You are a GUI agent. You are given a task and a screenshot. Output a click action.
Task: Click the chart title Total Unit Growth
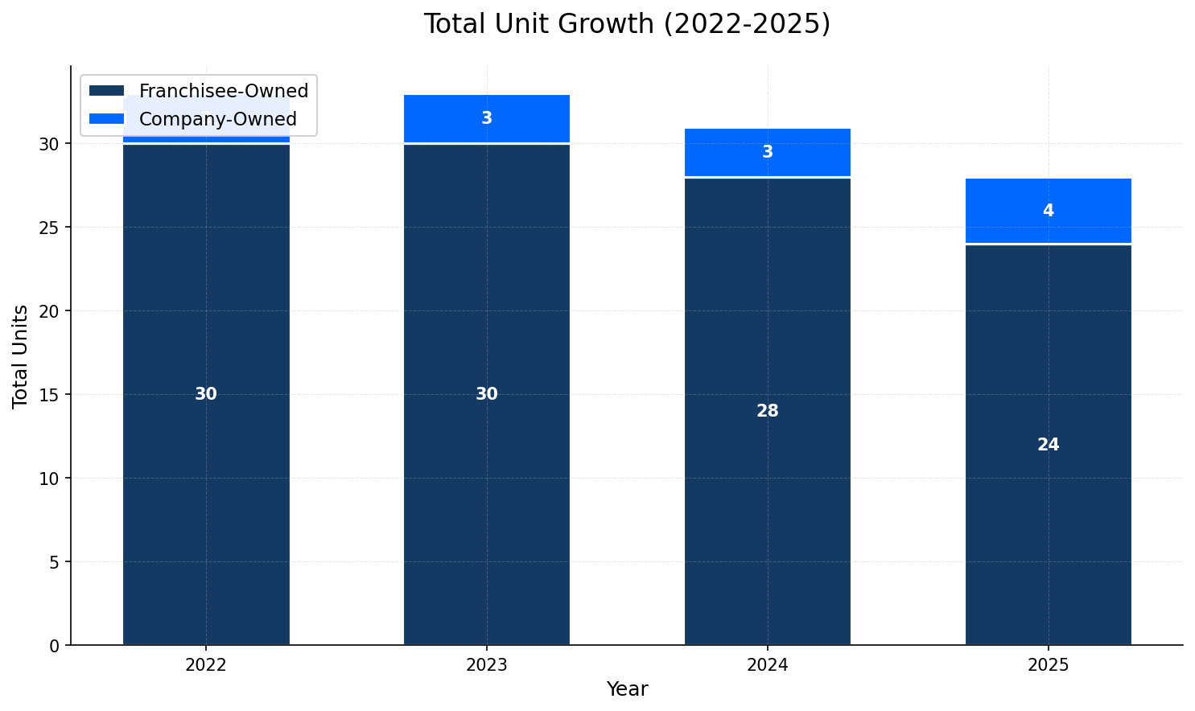tap(626, 24)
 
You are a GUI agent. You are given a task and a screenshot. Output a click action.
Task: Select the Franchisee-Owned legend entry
tap(223, 92)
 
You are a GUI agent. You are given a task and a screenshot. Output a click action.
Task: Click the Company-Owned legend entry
tap(217, 120)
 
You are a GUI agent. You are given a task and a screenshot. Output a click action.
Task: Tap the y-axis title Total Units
tap(21, 356)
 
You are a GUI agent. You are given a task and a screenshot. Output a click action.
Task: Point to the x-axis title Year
tap(627, 689)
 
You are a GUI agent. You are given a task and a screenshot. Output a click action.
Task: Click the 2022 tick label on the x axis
tap(206, 665)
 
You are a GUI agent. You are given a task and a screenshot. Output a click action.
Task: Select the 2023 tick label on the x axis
tap(487, 665)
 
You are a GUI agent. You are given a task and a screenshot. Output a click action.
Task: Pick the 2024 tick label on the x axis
tap(767, 665)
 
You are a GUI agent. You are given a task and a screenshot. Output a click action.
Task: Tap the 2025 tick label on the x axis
tap(1048, 665)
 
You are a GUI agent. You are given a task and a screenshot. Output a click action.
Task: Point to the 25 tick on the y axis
tap(49, 228)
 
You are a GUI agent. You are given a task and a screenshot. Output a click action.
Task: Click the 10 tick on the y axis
tap(49, 479)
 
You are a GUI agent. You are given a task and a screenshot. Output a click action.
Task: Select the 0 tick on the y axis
tap(54, 646)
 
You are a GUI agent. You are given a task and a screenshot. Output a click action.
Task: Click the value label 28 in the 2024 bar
tap(767, 412)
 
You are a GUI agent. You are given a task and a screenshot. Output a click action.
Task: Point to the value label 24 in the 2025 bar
tap(1048, 445)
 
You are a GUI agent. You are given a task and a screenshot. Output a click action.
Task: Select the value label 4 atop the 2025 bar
tap(1048, 211)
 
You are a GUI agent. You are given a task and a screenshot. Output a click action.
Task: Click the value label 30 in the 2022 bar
tap(206, 395)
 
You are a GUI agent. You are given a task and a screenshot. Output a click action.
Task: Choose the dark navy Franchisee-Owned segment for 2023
tap(487, 483)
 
